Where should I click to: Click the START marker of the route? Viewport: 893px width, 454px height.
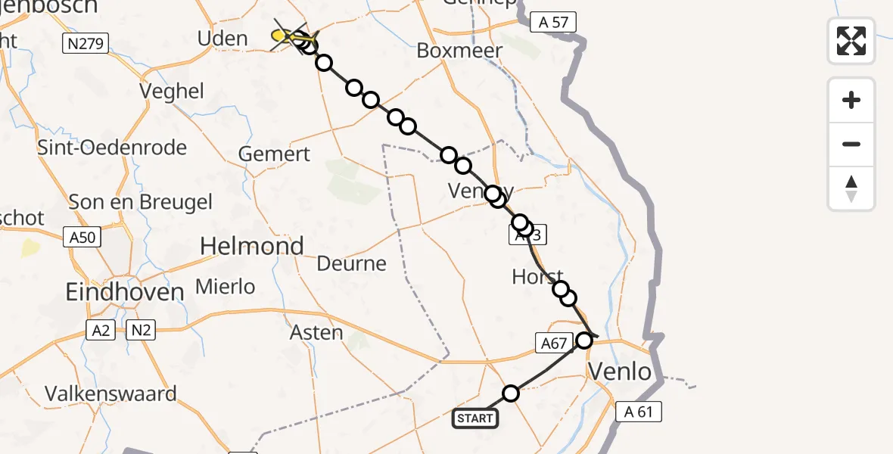(475, 418)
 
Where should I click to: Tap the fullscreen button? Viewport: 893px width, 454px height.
(851, 40)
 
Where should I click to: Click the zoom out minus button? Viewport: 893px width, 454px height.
(851, 144)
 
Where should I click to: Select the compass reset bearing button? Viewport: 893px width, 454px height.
(851, 188)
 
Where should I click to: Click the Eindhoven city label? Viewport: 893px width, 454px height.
(125, 292)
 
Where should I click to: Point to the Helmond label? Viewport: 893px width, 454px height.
(251, 246)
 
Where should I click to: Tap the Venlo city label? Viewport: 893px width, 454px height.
(620, 372)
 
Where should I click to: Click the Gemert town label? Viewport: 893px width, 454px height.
(274, 154)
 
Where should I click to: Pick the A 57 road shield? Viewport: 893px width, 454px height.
(552, 23)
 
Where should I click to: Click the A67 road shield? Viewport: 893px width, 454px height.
(553, 344)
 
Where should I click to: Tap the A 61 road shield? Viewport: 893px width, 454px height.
(639, 412)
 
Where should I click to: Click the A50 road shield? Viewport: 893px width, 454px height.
(82, 238)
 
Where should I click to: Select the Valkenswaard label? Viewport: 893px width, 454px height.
(110, 393)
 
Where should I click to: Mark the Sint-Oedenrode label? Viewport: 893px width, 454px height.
(112, 147)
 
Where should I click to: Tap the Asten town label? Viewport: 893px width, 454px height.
(316, 332)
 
